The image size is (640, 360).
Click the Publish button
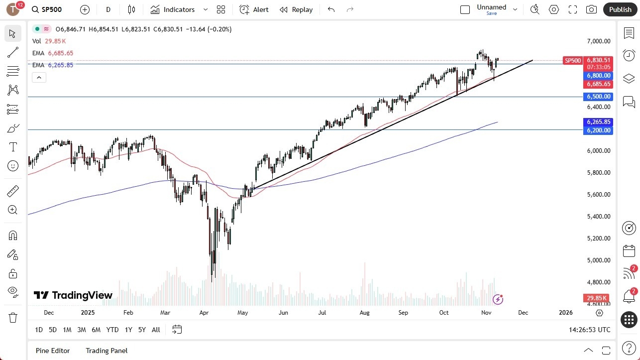pyautogui.click(x=620, y=9)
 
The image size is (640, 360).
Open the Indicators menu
pyautogui.click(x=179, y=9)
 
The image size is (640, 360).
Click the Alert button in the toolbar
pyautogui.click(x=254, y=9)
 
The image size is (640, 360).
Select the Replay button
pyautogui.click(x=296, y=9)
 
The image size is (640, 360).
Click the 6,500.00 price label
pyautogui.click(x=599, y=97)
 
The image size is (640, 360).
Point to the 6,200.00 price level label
pyautogui.click(x=599, y=130)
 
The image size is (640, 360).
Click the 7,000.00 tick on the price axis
pyautogui.click(x=598, y=41)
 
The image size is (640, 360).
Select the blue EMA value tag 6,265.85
pyautogui.click(x=599, y=122)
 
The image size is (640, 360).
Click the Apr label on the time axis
pyautogui.click(x=204, y=313)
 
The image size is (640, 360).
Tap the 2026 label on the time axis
pyautogui.click(x=565, y=313)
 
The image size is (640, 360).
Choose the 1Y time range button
pyautogui.click(x=128, y=330)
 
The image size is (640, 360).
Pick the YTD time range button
pyautogui.click(x=112, y=330)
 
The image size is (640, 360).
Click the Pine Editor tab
pyautogui.click(x=53, y=351)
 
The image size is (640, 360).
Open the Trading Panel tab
pyautogui.click(x=107, y=351)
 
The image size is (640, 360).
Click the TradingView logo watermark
pyautogui.click(x=73, y=295)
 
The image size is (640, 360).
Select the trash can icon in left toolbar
pyautogui.click(x=13, y=318)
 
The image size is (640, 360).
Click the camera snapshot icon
pyautogui.click(x=591, y=9)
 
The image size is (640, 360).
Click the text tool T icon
pyautogui.click(x=13, y=147)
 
